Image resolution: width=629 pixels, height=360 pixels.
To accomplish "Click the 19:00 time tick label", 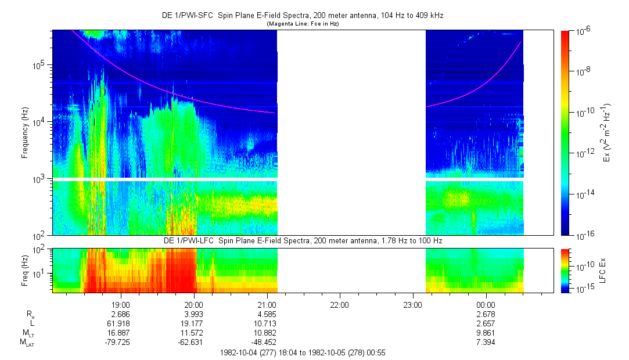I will tap(120, 304).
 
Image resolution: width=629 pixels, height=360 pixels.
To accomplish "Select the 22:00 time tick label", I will tap(339, 304).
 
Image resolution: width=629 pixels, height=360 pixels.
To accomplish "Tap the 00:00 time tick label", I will tap(485, 304).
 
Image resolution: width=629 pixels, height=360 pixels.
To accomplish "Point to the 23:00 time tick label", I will tap(412, 304).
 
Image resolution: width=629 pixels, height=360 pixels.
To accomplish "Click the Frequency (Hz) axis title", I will tap(25, 133).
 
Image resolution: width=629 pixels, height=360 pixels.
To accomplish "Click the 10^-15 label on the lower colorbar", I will tap(583, 289).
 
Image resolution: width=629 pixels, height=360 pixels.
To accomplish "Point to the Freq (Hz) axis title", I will tap(24, 270).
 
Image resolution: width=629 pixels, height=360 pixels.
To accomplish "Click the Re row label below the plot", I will tap(30, 314).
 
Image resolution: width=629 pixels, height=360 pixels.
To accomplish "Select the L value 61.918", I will tap(120, 323).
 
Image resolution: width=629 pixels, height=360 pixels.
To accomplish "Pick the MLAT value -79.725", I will tap(120, 341).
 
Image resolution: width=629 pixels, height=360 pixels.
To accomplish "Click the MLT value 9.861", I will tap(485, 332).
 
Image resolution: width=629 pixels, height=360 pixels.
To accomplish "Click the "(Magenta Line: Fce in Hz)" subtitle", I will tap(302, 24).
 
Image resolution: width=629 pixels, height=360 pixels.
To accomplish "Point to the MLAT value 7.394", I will tap(485, 341).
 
